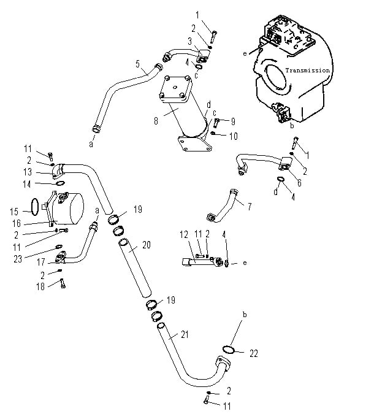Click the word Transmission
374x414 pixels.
point(308,71)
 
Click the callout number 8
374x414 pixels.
point(156,121)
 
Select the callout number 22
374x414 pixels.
point(254,353)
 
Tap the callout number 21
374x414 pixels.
point(185,334)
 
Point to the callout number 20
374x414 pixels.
point(147,245)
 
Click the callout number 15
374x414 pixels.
point(14,212)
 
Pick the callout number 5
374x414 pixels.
point(137,64)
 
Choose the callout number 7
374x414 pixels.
point(250,207)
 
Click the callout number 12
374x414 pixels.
point(184,234)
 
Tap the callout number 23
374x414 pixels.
point(18,259)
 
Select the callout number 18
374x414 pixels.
point(40,286)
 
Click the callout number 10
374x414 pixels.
point(234,136)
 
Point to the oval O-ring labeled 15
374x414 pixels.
point(35,207)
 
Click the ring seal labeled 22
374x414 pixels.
point(229,349)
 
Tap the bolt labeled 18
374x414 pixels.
point(63,283)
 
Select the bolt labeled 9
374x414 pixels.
point(216,122)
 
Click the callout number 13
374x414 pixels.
point(28,172)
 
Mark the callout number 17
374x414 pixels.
point(41,262)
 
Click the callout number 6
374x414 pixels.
point(299,183)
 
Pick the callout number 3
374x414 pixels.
point(190,41)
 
